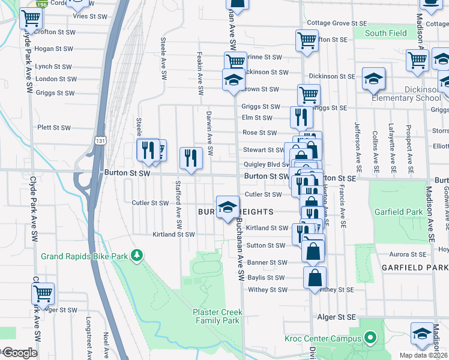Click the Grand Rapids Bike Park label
coord(85,256)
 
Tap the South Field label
coord(385,34)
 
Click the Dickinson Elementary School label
coord(406,98)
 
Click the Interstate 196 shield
coord(41,4)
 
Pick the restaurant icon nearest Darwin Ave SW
coord(191,158)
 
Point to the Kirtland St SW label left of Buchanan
coord(174,234)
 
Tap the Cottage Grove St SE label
coord(336,23)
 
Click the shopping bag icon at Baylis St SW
coord(315,278)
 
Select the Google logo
coord(19,353)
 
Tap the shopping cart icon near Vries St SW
coord(31,19)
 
